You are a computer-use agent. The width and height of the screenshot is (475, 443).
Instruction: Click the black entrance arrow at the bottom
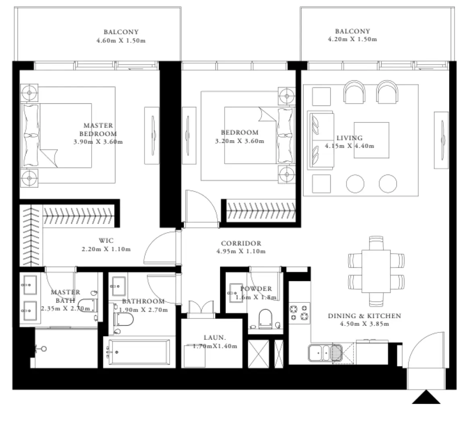coord(426,397)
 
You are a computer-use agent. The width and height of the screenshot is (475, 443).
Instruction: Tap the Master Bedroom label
coord(98,130)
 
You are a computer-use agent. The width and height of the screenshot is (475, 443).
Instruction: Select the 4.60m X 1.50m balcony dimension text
coord(121,41)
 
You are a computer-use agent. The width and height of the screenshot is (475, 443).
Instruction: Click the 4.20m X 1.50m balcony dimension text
coord(352,39)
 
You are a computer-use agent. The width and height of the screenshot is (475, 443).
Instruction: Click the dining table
coord(376,272)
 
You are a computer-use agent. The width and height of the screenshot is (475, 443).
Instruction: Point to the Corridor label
coord(241,243)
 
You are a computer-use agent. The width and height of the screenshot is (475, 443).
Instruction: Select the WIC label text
coord(106,241)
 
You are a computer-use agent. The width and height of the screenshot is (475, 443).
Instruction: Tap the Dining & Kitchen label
coord(364,316)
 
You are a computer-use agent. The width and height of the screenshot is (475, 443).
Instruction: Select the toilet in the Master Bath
coord(87,306)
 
